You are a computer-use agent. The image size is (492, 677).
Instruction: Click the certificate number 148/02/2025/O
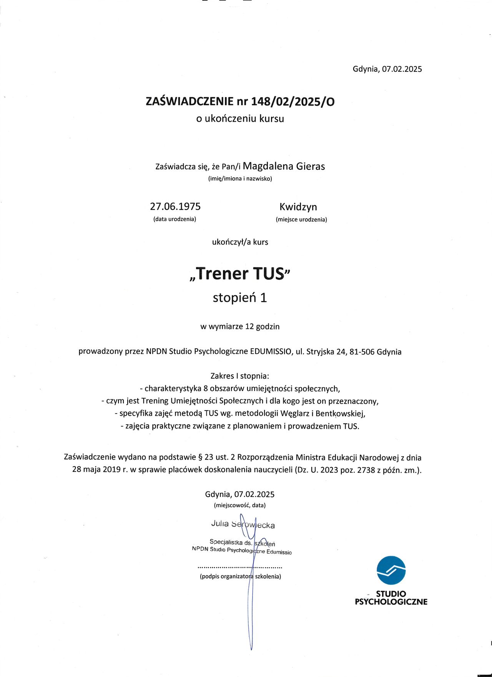pyautogui.click(x=293, y=101)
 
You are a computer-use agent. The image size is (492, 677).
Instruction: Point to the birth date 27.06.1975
pyautogui.click(x=175, y=207)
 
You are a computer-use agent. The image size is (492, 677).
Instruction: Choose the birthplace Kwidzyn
pyautogui.click(x=298, y=207)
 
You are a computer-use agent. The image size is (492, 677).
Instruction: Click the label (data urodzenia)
pyautogui.click(x=175, y=219)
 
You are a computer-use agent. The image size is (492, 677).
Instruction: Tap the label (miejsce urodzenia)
pyautogui.click(x=301, y=220)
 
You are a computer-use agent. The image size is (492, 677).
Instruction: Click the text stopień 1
pyautogui.click(x=240, y=298)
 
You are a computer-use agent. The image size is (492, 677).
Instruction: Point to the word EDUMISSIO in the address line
pyautogui.click(x=271, y=352)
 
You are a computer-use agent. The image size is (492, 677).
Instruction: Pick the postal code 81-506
pyautogui.click(x=362, y=352)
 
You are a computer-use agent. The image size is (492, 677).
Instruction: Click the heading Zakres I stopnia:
pyautogui.click(x=240, y=376)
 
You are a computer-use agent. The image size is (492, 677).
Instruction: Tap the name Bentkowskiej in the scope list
pyautogui.click(x=340, y=414)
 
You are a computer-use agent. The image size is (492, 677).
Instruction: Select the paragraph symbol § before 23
pyautogui.click(x=200, y=457)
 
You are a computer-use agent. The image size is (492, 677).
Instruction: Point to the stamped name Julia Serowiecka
pyautogui.click(x=243, y=524)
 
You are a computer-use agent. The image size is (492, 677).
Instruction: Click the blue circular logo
pyautogui.click(x=391, y=570)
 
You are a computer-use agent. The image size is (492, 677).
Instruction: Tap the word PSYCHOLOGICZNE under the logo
pyautogui.click(x=391, y=602)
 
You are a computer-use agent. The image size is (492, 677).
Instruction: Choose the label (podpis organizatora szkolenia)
pyautogui.click(x=240, y=576)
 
